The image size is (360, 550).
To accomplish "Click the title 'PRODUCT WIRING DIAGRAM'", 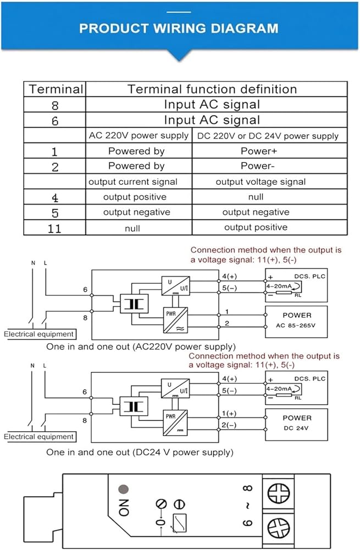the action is click(179, 28).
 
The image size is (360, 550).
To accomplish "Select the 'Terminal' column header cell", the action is click(55, 89).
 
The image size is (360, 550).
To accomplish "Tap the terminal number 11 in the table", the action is click(54, 229).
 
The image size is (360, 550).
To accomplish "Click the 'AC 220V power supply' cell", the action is click(139, 135).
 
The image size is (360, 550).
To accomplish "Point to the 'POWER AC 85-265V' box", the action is click(296, 322).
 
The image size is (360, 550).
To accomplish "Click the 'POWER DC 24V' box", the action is click(296, 425).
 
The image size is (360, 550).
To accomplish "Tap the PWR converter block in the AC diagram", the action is click(175, 320).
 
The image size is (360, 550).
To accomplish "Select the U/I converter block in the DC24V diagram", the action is click(175, 388).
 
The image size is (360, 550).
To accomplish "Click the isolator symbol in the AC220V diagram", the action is click(134, 304).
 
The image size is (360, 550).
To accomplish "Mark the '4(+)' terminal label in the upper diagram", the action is click(230, 277).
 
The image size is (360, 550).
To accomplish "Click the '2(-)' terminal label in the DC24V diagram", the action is click(229, 425).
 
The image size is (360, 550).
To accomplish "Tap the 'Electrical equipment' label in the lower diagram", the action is click(39, 437).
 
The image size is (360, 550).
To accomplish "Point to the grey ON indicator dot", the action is click(124, 488).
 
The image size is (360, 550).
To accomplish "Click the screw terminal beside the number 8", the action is click(279, 493).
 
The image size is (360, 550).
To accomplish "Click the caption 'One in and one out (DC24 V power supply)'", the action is click(140, 452).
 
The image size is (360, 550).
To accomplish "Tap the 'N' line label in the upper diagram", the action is click(34, 263).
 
